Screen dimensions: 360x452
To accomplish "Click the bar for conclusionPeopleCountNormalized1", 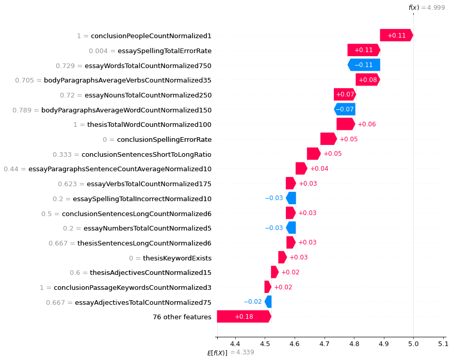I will pyautogui.click(x=396, y=35).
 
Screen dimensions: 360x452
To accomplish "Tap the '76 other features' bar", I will pyautogui.click(x=244, y=316).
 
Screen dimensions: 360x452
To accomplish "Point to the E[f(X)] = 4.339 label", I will pyautogui.click(x=230, y=352).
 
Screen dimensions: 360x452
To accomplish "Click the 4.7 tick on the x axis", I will pyautogui.click(x=324, y=343).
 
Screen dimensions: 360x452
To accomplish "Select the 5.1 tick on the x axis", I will pyautogui.click(x=443, y=343).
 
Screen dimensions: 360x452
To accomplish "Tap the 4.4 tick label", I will pyautogui.click(x=235, y=343).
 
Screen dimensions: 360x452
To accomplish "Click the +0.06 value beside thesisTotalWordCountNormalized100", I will pyautogui.click(x=366, y=124).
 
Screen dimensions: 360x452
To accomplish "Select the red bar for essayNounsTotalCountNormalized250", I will pyautogui.click(x=345, y=95).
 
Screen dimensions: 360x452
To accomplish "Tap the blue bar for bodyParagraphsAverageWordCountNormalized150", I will pyautogui.click(x=344, y=109).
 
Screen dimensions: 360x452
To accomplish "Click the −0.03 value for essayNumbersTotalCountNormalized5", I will pyautogui.click(x=274, y=228).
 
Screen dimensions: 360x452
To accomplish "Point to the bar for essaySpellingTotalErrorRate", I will pyautogui.click(x=364, y=50).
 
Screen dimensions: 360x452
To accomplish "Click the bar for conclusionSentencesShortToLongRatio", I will pyautogui.click(x=313, y=154).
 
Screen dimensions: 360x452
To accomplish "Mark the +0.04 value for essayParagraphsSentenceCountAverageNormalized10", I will pyautogui.click(x=319, y=169).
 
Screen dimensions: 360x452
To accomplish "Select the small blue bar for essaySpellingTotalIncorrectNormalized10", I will pyautogui.click(x=291, y=199).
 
